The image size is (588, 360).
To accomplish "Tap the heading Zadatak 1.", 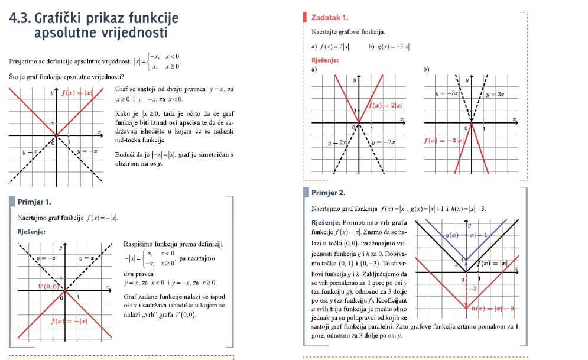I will (329, 17).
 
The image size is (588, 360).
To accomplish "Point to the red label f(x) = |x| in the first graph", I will (77, 92).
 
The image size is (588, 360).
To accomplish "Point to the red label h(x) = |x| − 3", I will (494, 309).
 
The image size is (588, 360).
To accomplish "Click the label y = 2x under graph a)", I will (336, 142).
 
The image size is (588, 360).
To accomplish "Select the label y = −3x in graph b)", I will (446, 93).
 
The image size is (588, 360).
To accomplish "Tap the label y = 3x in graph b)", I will (496, 93).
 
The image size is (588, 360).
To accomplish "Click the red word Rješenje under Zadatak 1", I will (324, 60).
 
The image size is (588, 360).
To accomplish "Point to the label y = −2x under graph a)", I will (383, 142).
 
